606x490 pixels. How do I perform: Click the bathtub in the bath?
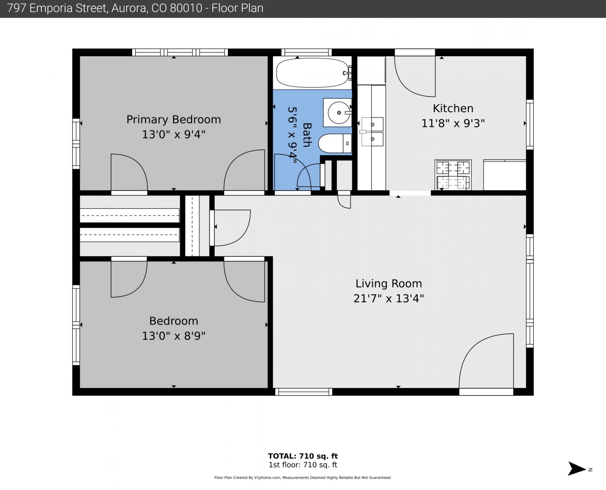(x=312, y=73)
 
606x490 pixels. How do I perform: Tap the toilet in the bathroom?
(x=335, y=143)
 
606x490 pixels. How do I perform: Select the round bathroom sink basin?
(x=339, y=113)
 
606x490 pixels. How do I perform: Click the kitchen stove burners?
(x=453, y=175)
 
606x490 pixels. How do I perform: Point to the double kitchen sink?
(x=372, y=132)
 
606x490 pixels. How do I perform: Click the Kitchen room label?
(x=453, y=108)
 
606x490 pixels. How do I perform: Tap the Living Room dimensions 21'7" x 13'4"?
(x=389, y=299)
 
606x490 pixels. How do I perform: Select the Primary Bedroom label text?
(x=173, y=119)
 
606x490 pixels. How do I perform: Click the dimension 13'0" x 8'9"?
(x=173, y=336)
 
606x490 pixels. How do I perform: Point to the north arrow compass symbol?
(x=577, y=468)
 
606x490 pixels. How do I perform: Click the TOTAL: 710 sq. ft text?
(x=303, y=456)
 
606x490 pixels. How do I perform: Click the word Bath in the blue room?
(x=307, y=135)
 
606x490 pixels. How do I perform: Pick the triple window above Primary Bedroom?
(x=180, y=52)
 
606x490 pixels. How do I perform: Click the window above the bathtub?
(x=306, y=52)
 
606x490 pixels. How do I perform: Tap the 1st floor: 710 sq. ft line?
(x=303, y=465)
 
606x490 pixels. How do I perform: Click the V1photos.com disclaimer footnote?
(x=303, y=478)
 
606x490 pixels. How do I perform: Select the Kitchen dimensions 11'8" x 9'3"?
(x=453, y=123)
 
